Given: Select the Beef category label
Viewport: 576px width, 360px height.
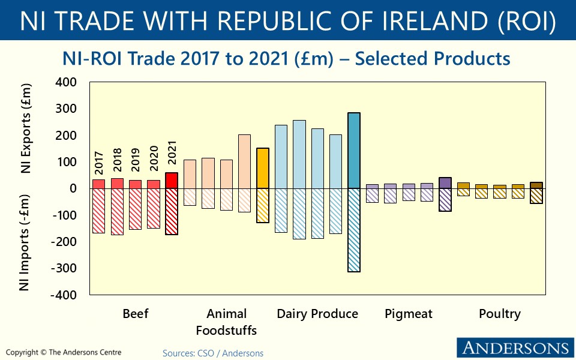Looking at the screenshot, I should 135,314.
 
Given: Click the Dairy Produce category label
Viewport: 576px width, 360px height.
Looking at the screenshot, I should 317,314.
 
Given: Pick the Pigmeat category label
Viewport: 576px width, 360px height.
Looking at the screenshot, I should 408,314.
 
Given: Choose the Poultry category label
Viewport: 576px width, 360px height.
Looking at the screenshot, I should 499,314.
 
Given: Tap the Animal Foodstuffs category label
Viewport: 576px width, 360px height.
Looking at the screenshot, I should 226,322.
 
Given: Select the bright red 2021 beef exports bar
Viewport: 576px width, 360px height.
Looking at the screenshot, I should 172,181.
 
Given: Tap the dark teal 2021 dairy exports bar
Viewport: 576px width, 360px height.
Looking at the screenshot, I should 353,151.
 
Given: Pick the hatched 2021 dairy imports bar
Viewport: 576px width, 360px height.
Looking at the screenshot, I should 353,230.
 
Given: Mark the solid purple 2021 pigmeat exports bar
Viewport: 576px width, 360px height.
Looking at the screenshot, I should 445,183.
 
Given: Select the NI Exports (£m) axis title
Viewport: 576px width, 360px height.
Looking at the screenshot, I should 26,130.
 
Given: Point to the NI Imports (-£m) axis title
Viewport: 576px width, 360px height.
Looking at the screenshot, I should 26,242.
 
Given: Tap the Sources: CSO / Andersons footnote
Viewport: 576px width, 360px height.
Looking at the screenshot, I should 213,353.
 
